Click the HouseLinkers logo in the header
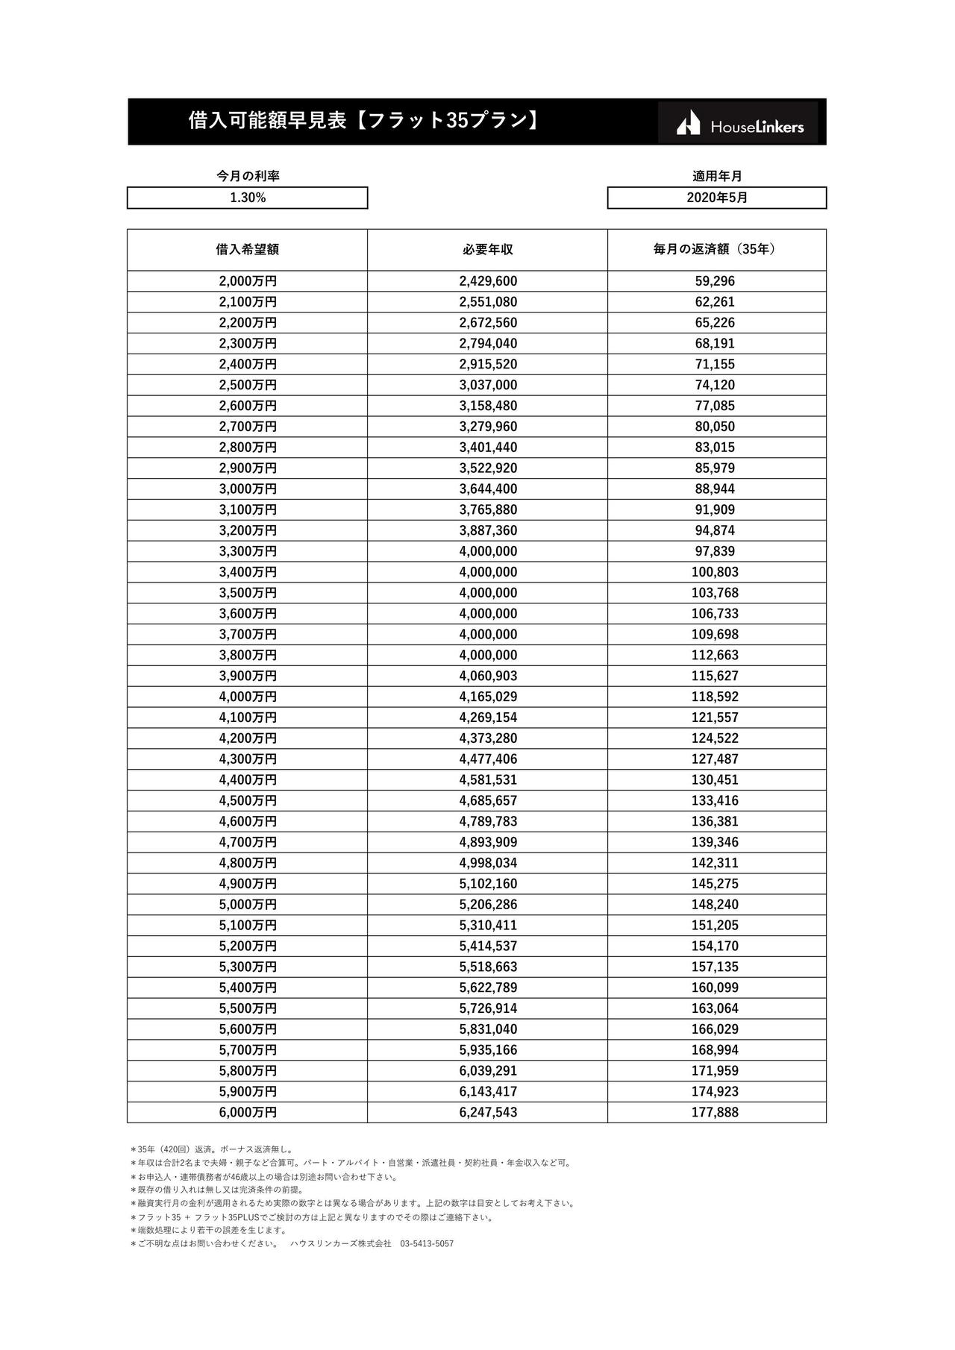tap(739, 123)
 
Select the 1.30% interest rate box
tap(247, 198)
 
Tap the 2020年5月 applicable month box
tap(716, 198)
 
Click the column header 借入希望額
tap(247, 249)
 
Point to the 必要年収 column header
tap(487, 249)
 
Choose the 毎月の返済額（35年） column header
tap(716, 249)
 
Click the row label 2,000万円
tap(247, 281)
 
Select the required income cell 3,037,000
tap(488, 385)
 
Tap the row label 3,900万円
tap(247, 676)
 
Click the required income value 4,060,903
tap(488, 676)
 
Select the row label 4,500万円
tap(247, 800)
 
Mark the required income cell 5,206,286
tap(488, 905)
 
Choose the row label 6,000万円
tap(247, 1112)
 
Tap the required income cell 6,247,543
tap(488, 1112)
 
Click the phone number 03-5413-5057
tap(427, 1244)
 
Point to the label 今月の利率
tap(247, 176)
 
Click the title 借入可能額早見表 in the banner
tap(268, 121)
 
